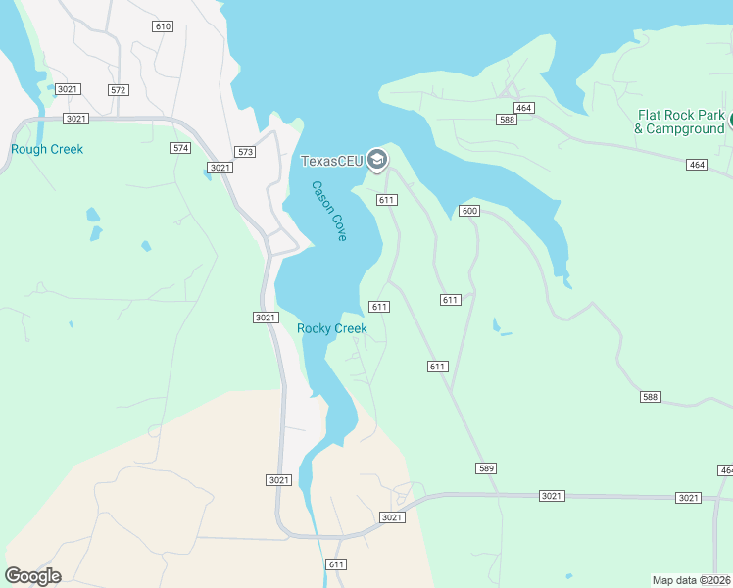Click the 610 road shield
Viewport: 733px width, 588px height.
point(163,26)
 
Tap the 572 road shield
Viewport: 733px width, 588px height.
point(119,90)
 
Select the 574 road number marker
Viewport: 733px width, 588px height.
point(180,148)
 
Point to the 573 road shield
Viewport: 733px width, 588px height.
point(245,153)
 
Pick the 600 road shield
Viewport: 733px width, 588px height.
point(469,211)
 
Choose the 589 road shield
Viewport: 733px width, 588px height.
point(486,468)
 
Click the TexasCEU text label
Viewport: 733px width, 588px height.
point(331,161)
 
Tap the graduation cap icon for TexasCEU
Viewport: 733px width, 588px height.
point(376,160)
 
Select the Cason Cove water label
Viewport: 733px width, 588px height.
point(330,212)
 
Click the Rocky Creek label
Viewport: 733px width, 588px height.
point(332,329)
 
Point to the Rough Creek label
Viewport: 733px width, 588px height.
point(47,150)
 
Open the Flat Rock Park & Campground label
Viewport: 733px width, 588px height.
point(680,122)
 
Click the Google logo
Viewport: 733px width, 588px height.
point(32,576)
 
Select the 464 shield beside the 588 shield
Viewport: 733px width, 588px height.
point(523,107)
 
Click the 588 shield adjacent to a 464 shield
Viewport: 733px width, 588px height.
point(507,120)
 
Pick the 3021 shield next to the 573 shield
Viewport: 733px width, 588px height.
point(220,168)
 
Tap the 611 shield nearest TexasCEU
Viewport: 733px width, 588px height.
point(386,200)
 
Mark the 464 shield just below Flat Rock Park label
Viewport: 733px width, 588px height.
point(697,165)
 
